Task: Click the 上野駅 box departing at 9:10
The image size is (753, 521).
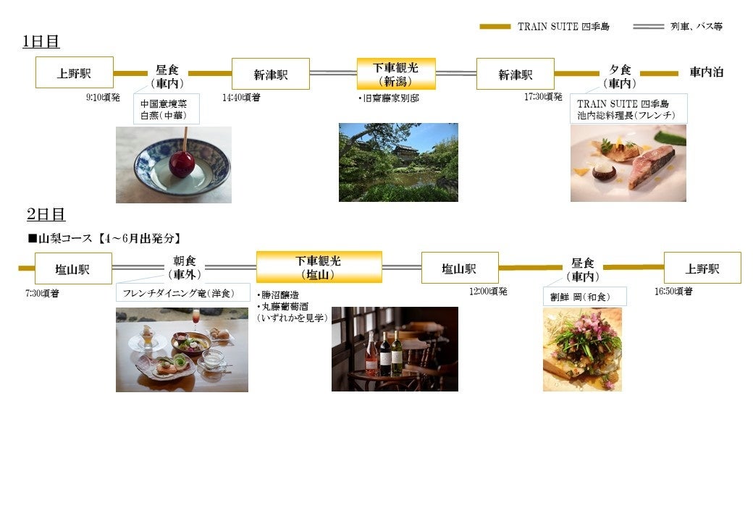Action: pyautogui.click(x=75, y=72)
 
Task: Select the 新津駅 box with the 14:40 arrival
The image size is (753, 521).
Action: pyautogui.click(x=270, y=74)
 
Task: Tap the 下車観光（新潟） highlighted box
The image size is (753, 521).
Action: pyautogui.click(x=395, y=74)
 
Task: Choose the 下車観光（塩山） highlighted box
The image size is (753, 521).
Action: pyautogui.click(x=319, y=267)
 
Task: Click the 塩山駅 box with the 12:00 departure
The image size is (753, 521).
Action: pyautogui.click(x=460, y=268)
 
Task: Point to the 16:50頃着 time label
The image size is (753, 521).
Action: pyautogui.click(x=673, y=291)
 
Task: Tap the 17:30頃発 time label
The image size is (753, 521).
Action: pyautogui.click(x=543, y=96)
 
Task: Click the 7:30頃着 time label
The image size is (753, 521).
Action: pyautogui.click(x=42, y=293)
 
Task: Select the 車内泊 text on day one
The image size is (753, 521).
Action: pyautogui.click(x=706, y=72)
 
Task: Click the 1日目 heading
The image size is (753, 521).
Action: pyautogui.click(x=41, y=42)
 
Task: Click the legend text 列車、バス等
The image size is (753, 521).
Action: pyautogui.click(x=696, y=27)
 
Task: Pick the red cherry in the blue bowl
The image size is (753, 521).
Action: pyautogui.click(x=181, y=164)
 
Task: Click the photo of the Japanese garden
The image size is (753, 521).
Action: pyautogui.click(x=398, y=162)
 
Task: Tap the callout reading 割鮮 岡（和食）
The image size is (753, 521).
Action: pyautogui.click(x=584, y=296)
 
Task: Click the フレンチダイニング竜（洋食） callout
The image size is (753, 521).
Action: pyautogui.click(x=183, y=292)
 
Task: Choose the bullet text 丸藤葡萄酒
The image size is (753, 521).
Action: pyautogui.click(x=287, y=306)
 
